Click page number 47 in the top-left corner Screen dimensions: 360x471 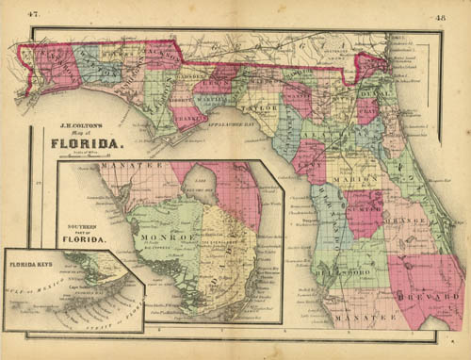point(33,13)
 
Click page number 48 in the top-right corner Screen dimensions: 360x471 point(441,16)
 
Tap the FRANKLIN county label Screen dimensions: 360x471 point(188,120)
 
